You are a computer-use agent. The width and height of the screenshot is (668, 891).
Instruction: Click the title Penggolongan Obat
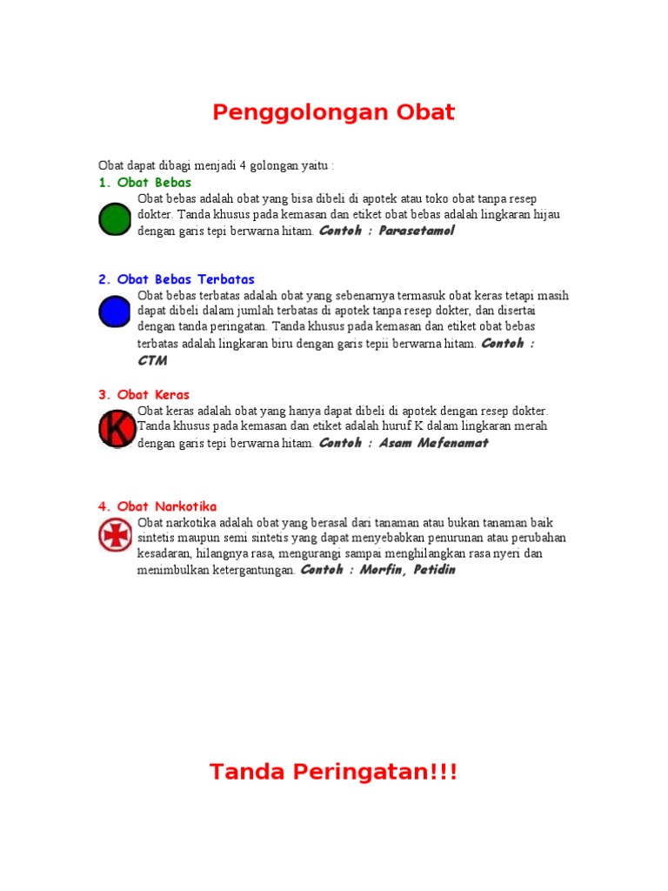pos(334,112)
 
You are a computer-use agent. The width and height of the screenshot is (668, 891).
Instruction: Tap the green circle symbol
pos(114,218)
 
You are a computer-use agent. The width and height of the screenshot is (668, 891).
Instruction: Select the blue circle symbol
pos(114,312)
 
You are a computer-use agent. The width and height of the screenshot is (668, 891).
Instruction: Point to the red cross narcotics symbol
pos(115,535)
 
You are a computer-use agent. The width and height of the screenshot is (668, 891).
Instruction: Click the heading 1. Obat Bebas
pos(144,183)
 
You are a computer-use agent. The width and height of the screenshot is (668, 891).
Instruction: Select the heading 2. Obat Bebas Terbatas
pos(177,279)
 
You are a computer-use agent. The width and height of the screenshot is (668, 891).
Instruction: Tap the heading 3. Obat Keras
pos(144,394)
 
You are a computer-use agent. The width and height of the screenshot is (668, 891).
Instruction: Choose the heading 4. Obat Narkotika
pos(157,506)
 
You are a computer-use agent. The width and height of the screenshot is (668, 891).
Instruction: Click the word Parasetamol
pos(417,231)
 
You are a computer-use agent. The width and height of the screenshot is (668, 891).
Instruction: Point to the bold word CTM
pos(152,360)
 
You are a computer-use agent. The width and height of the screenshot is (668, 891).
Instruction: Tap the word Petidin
pos(431,570)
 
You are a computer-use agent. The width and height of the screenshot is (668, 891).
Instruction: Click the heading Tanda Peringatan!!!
pos(334,772)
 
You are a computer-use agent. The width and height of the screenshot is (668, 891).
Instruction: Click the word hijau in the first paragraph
pos(544,215)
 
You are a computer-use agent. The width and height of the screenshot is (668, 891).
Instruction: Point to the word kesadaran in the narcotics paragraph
pos(164,554)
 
